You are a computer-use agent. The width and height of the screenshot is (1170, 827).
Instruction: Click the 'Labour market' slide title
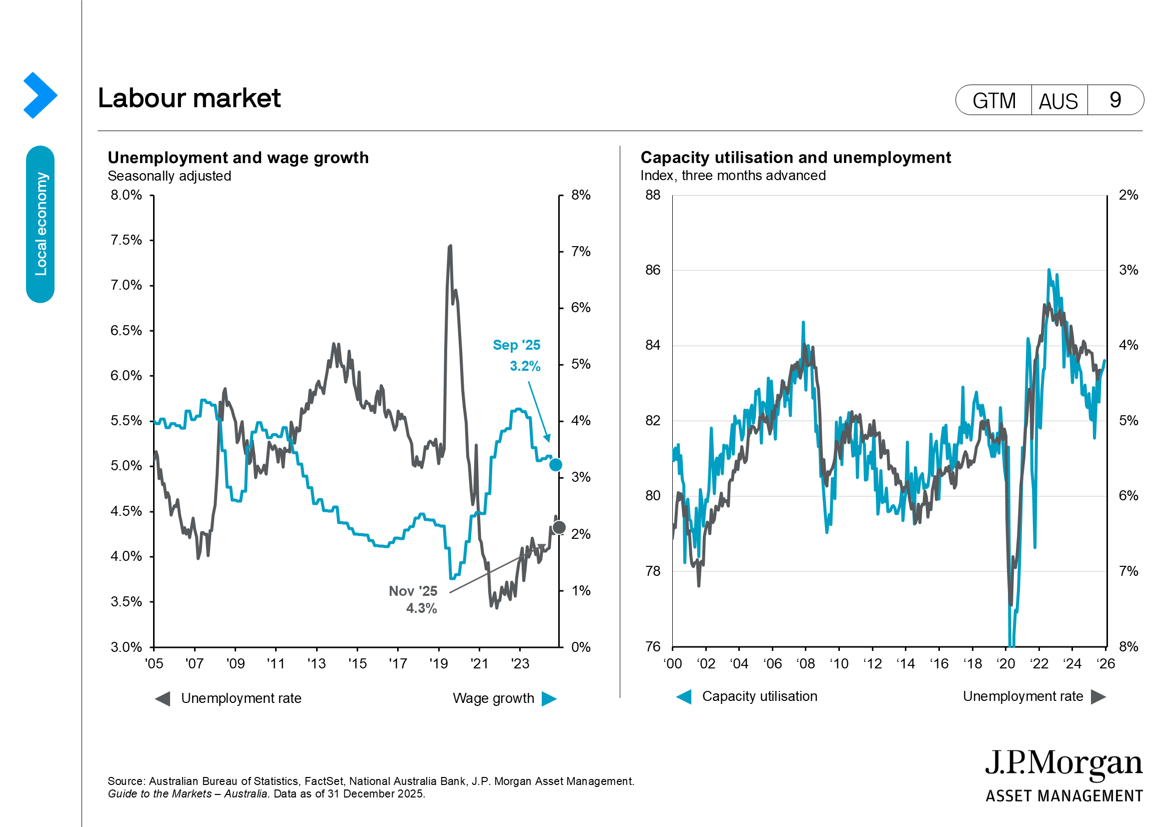189,98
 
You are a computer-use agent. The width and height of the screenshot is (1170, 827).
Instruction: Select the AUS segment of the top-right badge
1058,101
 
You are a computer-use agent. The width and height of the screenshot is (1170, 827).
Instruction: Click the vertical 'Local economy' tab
40,224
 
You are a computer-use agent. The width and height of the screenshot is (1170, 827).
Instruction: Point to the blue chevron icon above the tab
40,95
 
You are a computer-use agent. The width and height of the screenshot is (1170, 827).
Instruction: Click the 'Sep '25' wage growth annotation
516,345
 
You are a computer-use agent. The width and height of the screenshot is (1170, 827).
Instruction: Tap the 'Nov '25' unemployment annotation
413,591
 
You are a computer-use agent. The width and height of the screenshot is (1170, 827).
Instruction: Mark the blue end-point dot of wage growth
555,465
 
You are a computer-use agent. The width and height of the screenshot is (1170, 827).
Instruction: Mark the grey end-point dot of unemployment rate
559,527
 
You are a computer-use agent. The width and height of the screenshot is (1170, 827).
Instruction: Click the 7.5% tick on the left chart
127,240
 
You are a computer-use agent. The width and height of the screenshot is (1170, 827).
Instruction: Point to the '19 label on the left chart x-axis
438,663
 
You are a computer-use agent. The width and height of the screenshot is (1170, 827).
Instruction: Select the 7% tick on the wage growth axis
580,251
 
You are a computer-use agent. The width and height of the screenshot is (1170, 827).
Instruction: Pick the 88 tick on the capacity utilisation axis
653,195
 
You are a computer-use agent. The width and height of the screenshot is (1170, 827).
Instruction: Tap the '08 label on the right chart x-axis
806,663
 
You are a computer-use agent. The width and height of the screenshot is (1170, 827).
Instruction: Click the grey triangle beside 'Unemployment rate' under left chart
163,698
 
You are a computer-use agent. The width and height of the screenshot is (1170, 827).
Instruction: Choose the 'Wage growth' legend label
493,698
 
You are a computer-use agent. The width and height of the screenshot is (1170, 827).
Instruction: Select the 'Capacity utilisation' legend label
759,696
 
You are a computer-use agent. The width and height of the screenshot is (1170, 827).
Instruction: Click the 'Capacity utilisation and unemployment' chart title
795,158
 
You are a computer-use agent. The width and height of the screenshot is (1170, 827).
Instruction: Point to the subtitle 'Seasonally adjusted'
169,176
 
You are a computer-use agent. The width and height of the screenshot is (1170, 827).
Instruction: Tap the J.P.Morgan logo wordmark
1063,764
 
